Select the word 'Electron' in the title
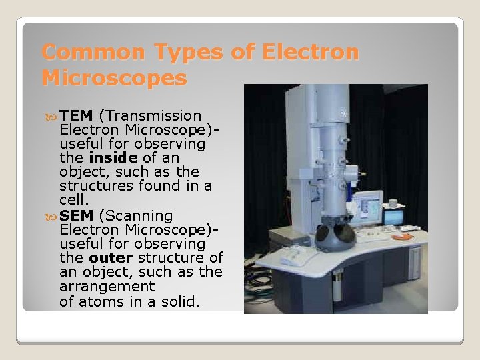pyautogui.click(x=311, y=52)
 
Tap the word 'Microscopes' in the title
pyautogui.click(x=114, y=79)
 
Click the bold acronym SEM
pyautogui.click(x=76, y=216)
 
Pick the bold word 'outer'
pyautogui.click(x=111, y=258)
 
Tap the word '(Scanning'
pyautogui.click(x=136, y=216)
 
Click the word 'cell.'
pyautogui.click(x=74, y=200)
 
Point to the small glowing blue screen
pyautogui.click(x=394, y=216)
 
